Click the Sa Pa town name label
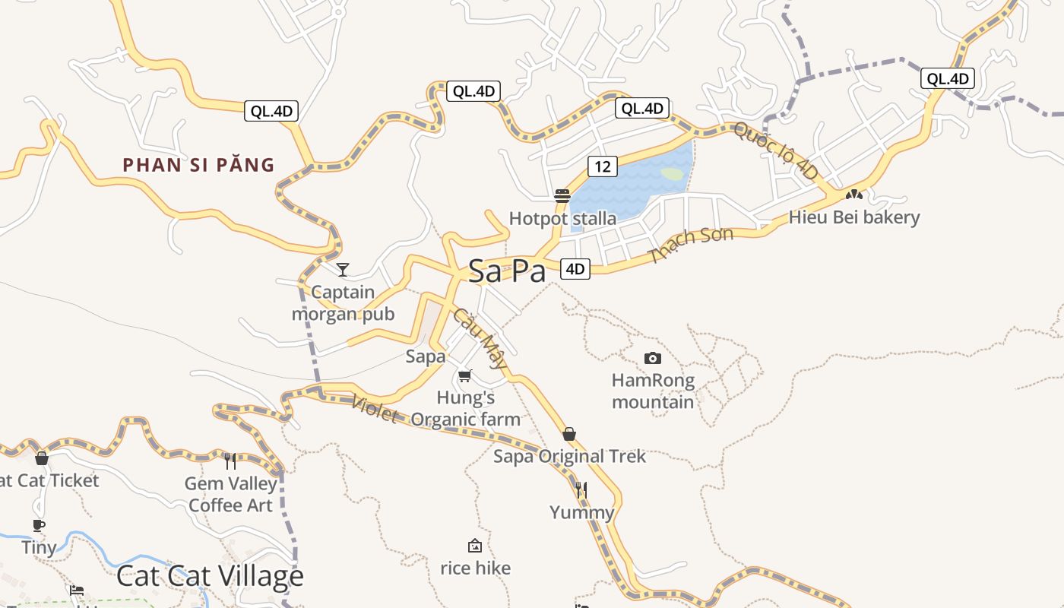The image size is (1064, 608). pyautogui.click(x=507, y=271)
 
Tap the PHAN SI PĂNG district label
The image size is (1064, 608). pyautogui.click(x=198, y=165)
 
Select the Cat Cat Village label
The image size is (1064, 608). pyautogui.click(x=210, y=576)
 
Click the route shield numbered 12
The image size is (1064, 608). pyautogui.click(x=602, y=167)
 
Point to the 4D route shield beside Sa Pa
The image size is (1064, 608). pyautogui.click(x=575, y=268)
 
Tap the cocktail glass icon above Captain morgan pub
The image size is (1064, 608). pyautogui.click(x=343, y=269)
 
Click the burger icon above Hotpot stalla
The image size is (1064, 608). pyautogui.click(x=562, y=195)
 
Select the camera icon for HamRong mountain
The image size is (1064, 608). pyautogui.click(x=652, y=358)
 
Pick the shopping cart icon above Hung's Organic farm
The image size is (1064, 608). pyautogui.click(x=465, y=375)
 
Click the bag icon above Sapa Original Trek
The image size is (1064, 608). pyautogui.click(x=569, y=434)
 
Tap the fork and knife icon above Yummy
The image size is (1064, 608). pyautogui.click(x=581, y=489)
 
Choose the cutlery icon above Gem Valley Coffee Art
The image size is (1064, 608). pyautogui.click(x=230, y=461)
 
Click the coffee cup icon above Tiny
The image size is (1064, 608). pyautogui.click(x=39, y=525)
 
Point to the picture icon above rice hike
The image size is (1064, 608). pyautogui.click(x=475, y=546)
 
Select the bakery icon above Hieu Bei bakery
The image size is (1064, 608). pyautogui.click(x=854, y=195)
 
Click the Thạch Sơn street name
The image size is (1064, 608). pyautogui.click(x=692, y=245)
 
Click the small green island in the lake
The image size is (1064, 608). pyautogui.click(x=673, y=173)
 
